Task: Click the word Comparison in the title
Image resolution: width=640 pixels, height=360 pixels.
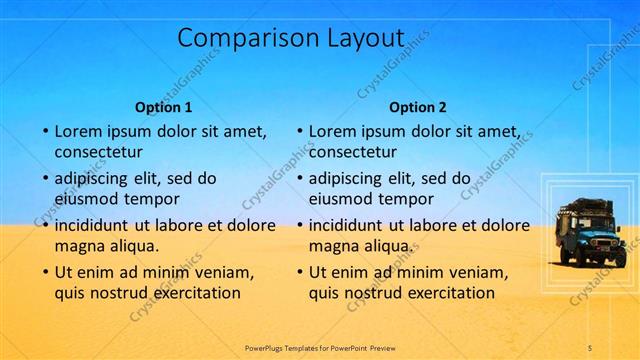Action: [239, 38]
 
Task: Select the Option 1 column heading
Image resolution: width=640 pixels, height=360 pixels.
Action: [163, 107]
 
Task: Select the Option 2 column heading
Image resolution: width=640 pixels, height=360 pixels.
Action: [418, 107]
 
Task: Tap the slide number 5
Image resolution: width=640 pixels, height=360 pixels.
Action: [590, 347]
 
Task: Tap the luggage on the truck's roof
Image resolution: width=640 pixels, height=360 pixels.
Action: [589, 206]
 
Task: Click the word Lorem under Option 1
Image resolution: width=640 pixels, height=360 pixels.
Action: [79, 131]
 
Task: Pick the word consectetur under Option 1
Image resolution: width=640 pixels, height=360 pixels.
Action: [99, 153]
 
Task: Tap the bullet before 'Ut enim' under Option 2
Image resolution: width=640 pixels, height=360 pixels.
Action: [301, 272]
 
